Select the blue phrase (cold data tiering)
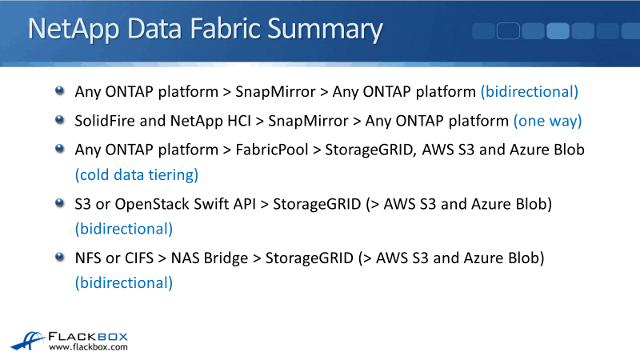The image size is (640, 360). [x=136, y=174]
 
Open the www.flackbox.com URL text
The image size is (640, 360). [x=88, y=348]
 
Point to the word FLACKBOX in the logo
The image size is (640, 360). [x=88, y=337]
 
